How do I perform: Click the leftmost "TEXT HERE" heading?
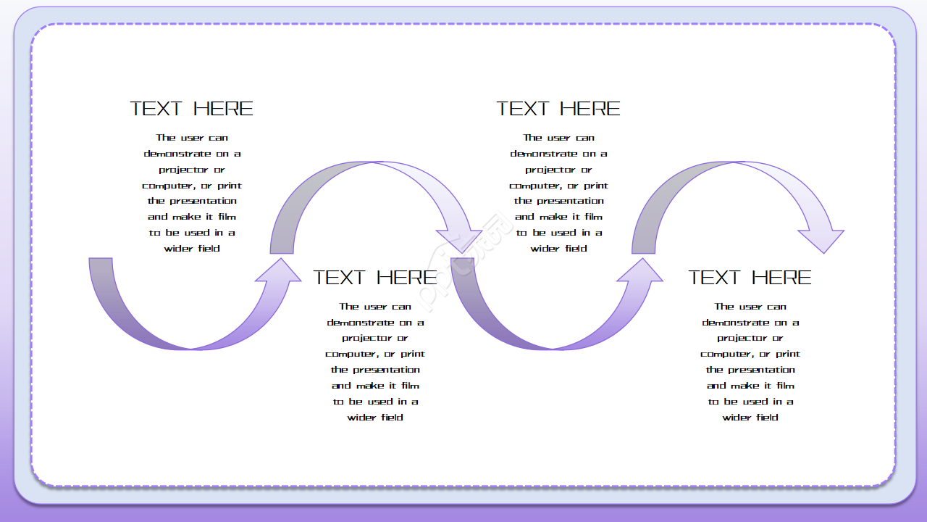click(192, 109)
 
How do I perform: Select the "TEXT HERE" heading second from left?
click(375, 278)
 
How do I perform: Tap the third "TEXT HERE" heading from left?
click(558, 109)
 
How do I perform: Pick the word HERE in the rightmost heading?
click(781, 278)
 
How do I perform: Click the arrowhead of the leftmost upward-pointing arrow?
click(279, 270)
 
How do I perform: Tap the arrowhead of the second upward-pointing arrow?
click(640, 270)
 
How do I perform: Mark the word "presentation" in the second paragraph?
click(385, 370)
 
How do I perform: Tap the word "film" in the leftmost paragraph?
click(227, 217)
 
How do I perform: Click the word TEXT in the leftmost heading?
click(156, 109)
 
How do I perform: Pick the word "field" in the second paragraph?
click(392, 418)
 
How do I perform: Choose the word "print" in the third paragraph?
click(596, 186)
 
